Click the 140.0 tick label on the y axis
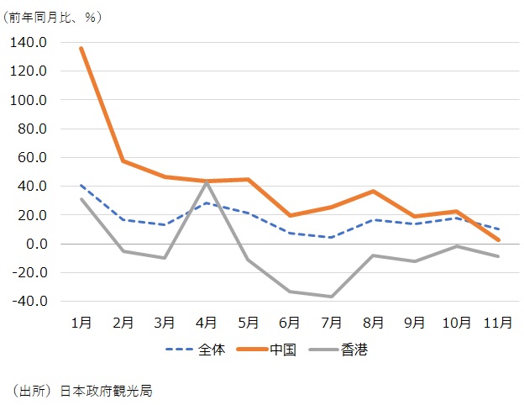30,42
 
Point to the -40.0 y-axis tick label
30,301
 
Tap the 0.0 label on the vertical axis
37,244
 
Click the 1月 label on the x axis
81,321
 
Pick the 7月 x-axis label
332,321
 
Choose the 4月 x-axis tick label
207,321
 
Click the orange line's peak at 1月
81,48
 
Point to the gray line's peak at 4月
207,181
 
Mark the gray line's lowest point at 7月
332,297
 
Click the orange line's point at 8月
374,192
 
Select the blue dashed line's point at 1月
81,185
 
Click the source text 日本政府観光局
106,391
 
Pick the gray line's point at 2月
123,251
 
